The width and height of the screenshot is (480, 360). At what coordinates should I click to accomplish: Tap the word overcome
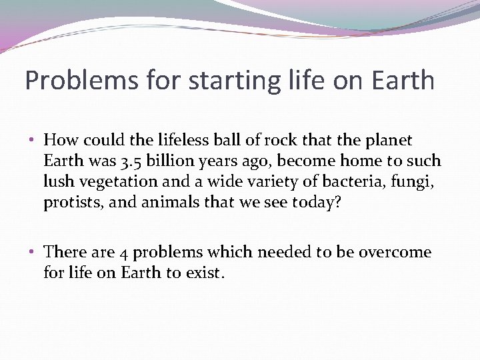tap(395, 253)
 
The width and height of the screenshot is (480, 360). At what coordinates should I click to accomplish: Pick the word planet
tap(389, 141)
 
